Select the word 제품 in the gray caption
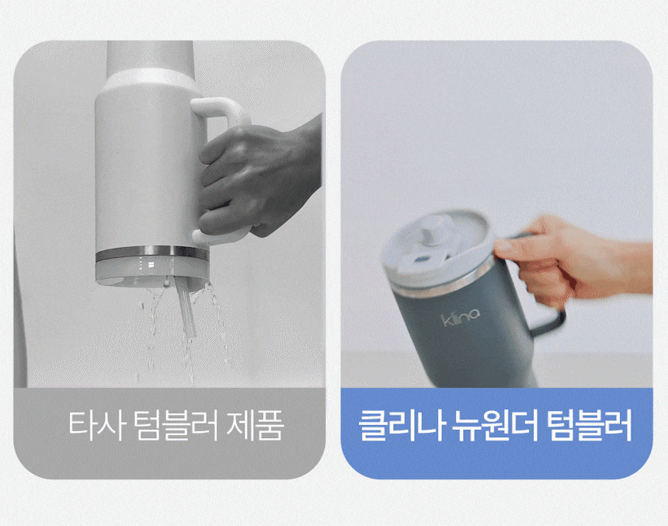(x=256, y=425)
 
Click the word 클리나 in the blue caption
(x=402, y=425)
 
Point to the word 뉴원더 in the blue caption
(x=496, y=425)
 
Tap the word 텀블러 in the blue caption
(x=590, y=425)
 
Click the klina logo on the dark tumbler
(x=460, y=317)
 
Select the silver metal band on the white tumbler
(x=152, y=255)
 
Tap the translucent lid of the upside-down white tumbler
(x=152, y=273)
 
